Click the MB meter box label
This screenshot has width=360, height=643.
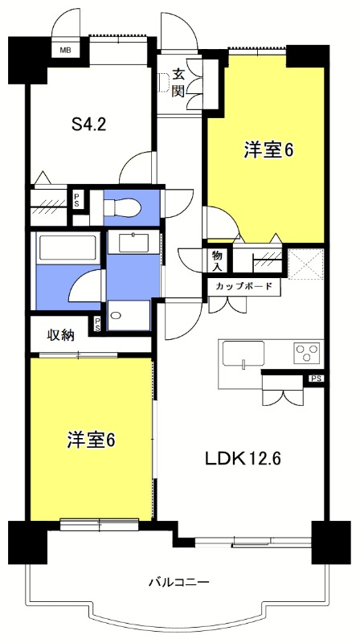(65, 51)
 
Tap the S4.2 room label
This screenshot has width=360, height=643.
(88, 125)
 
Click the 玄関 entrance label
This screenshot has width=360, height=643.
(178, 83)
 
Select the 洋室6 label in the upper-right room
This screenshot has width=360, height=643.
(269, 150)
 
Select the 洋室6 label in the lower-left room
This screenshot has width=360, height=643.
(91, 440)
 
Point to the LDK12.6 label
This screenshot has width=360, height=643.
(243, 459)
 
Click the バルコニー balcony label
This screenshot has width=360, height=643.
(179, 582)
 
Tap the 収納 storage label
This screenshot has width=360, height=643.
(62, 335)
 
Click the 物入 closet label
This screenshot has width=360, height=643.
(216, 261)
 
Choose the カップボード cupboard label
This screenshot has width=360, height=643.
(245, 286)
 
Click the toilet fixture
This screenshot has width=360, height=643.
(122, 207)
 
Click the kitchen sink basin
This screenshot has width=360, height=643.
(243, 353)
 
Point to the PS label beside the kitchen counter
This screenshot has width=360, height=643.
(314, 379)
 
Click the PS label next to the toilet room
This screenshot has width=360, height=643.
(76, 199)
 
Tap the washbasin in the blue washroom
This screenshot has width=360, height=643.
(133, 242)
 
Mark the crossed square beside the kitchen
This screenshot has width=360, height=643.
(305, 264)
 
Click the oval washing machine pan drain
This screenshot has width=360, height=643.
(116, 316)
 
